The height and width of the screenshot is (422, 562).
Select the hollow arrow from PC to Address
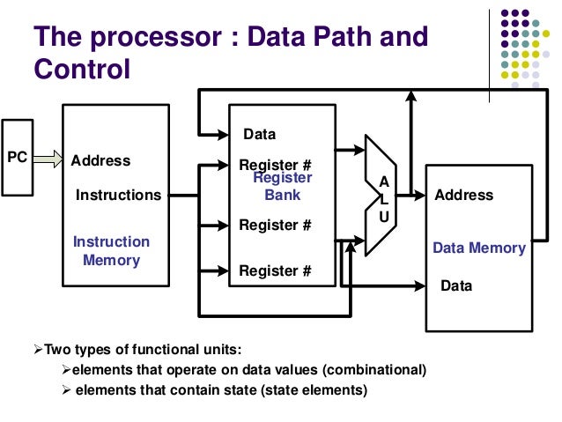(50, 159)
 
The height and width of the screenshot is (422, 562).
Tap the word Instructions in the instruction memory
(119, 195)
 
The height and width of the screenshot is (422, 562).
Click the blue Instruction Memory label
(111, 251)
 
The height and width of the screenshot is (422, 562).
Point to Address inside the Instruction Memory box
(100, 161)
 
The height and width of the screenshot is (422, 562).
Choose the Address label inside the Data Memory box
(464, 195)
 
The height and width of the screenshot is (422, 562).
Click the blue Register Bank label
(283, 186)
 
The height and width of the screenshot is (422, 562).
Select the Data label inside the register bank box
(260, 135)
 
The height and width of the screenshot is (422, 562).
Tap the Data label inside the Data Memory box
(456, 286)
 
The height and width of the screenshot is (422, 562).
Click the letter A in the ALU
(383, 181)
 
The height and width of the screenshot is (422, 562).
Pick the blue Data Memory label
(478, 248)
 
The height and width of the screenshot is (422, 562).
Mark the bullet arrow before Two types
(38, 348)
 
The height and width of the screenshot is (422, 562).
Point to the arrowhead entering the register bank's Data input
(223, 135)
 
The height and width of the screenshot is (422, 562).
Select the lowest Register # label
(276, 271)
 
